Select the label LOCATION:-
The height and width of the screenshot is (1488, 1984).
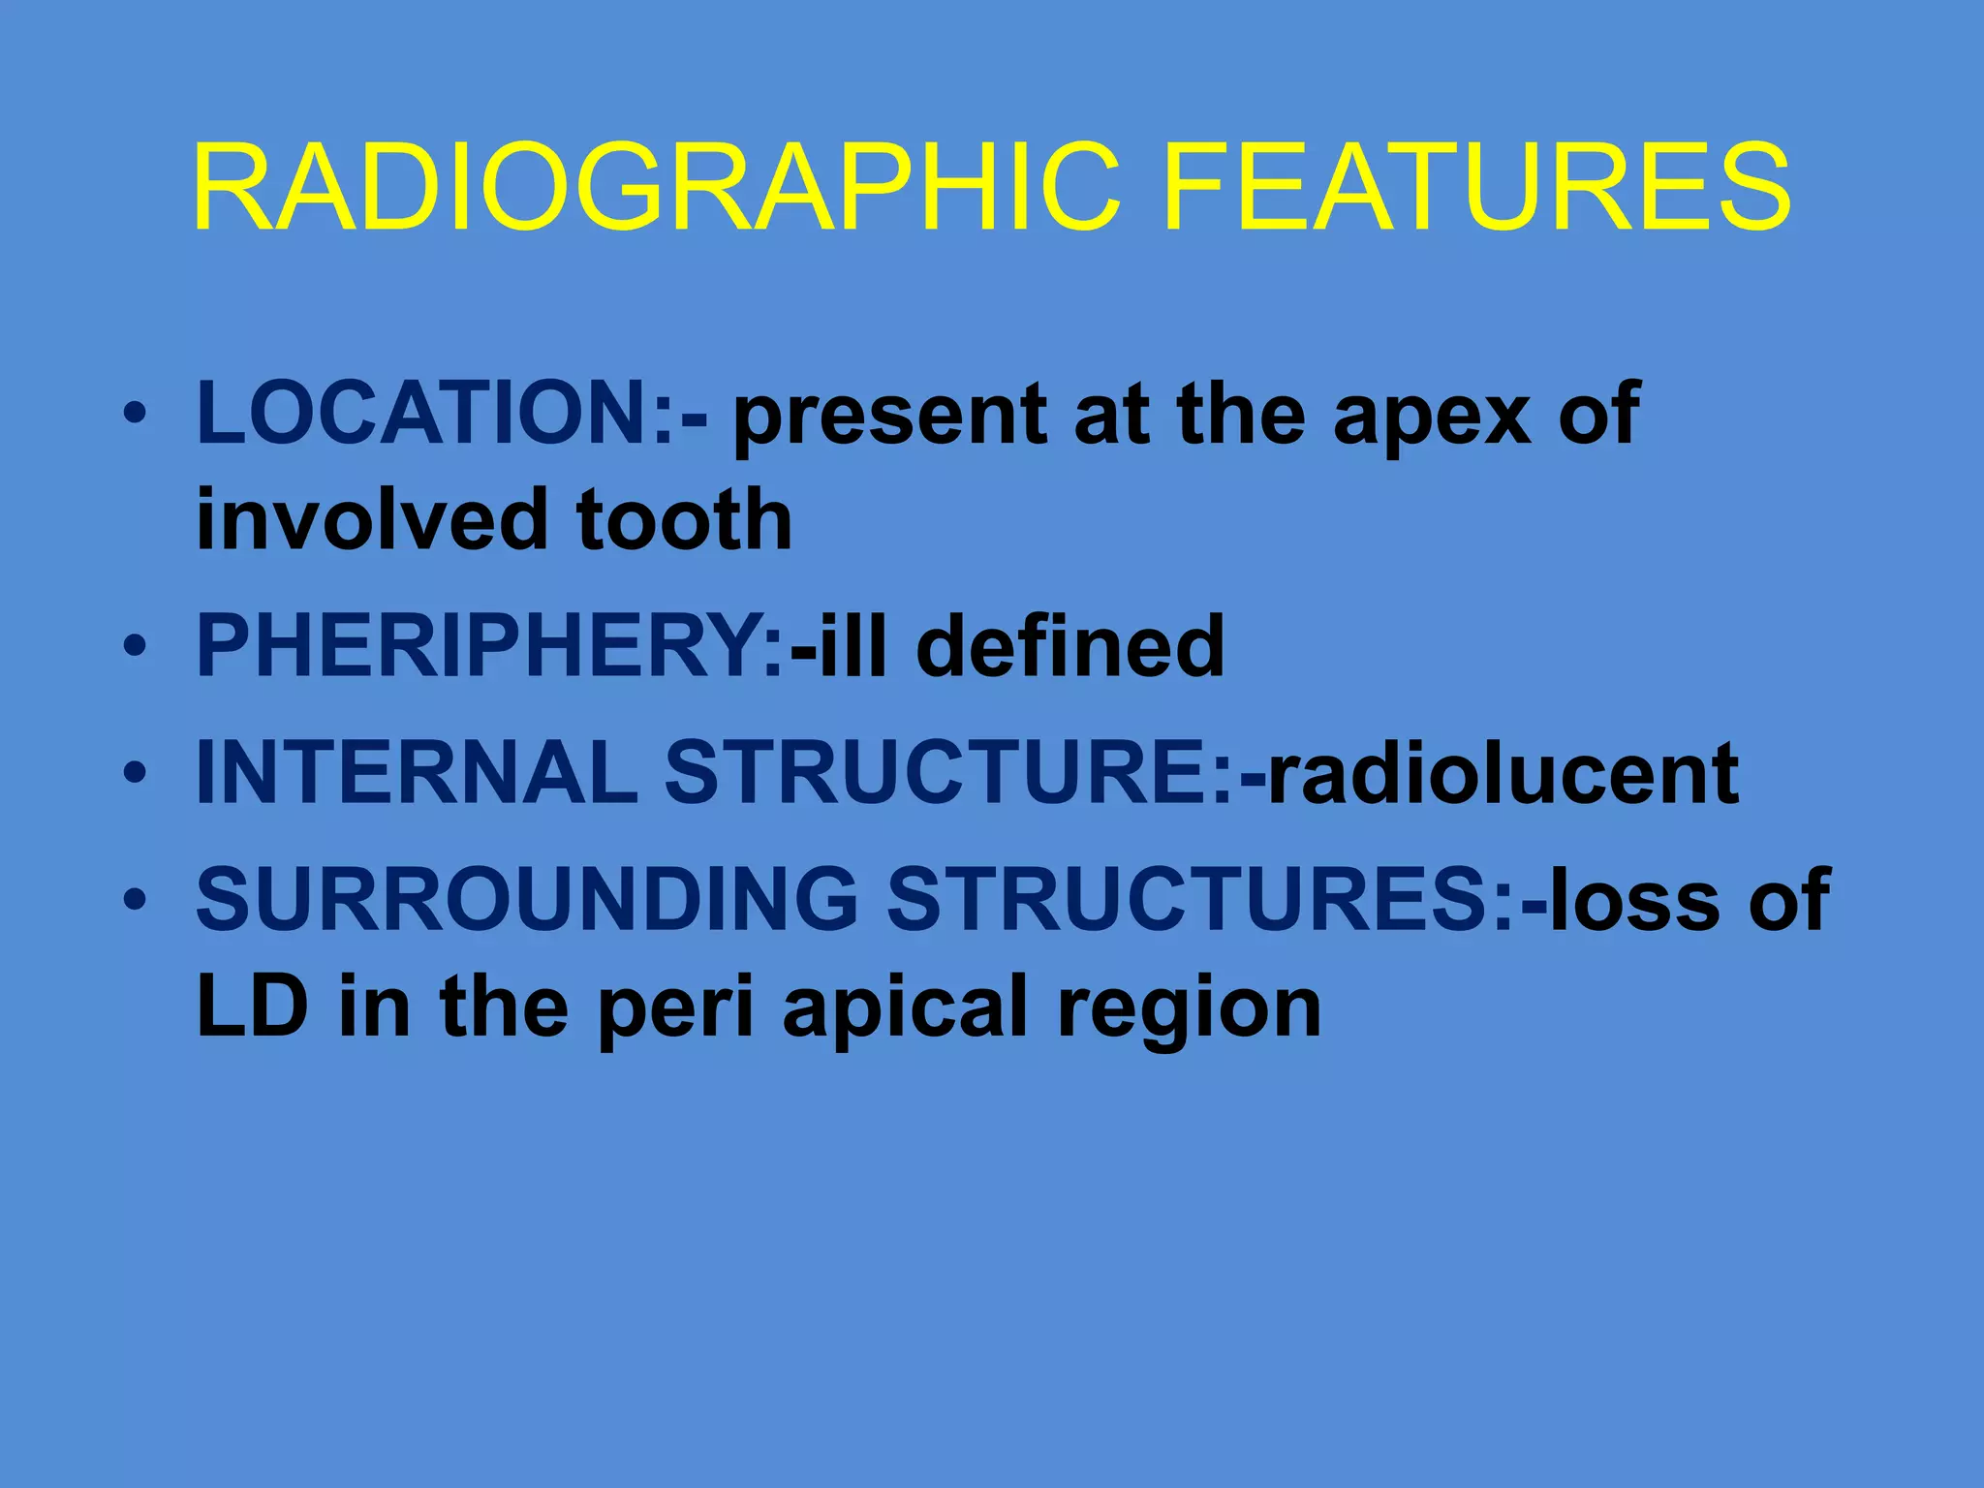click(451, 415)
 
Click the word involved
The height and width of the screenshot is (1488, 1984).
click(373, 520)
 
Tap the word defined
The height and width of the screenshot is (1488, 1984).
click(1069, 646)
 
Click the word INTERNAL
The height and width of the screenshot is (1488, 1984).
click(417, 772)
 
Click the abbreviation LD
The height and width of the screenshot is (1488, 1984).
click(252, 1007)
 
